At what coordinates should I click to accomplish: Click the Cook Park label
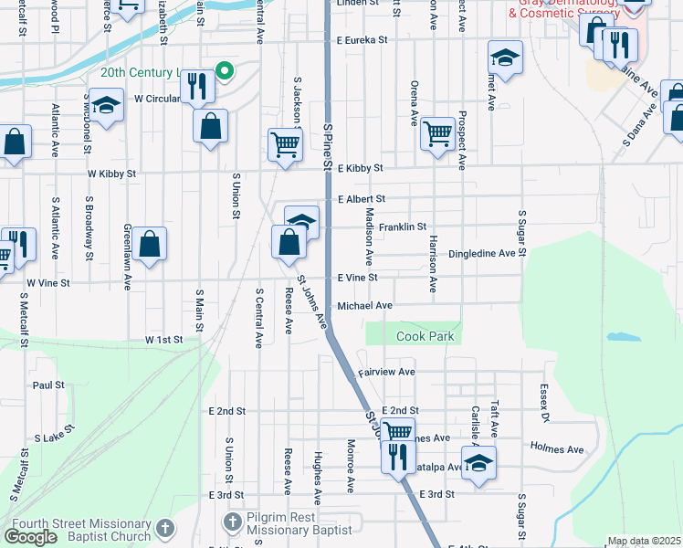coord(425,337)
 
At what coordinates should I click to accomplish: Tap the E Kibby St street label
coord(359,169)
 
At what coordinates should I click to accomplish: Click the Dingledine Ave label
coord(482,253)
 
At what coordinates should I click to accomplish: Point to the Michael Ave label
coord(364,306)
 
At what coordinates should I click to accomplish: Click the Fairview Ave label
coord(386,373)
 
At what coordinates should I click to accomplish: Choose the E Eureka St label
coord(362,41)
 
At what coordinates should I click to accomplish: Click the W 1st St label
coord(164,339)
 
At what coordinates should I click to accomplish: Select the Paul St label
coord(48,385)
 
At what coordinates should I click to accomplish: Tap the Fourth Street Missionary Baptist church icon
coord(164,528)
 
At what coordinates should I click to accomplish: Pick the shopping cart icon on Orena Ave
coord(438,134)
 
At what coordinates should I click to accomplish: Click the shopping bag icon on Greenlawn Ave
coord(149,245)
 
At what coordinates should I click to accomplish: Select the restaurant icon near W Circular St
coord(197,87)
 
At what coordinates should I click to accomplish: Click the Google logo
coord(30,537)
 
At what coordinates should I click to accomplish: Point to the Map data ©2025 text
coord(645,542)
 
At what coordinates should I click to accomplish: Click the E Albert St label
coord(362,199)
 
